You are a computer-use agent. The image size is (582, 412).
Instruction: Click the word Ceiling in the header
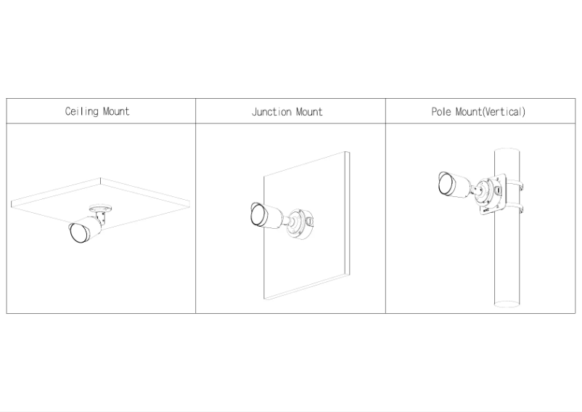pos(82,111)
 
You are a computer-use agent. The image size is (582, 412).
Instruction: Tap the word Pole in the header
pos(441,111)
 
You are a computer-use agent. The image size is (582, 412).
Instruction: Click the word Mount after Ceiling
pos(116,111)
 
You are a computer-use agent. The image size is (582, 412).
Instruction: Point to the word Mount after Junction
pos(309,112)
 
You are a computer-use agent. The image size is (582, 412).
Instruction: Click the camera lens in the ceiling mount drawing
pos(78,233)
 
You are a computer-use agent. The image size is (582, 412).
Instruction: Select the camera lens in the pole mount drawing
pos(445,183)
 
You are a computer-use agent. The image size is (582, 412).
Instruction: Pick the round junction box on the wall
pos(300,224)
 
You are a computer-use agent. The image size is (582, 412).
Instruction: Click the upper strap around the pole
pos(514,184)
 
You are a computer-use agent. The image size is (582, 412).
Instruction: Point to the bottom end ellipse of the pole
pos(507,304)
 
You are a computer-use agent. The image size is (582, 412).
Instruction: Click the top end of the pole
pos(507,150)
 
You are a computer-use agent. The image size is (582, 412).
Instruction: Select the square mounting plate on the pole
pos(492,195)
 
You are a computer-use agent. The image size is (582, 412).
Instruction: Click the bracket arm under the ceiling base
pos(101,219)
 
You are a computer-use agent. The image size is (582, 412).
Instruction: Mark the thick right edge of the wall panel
pos(348,214)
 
